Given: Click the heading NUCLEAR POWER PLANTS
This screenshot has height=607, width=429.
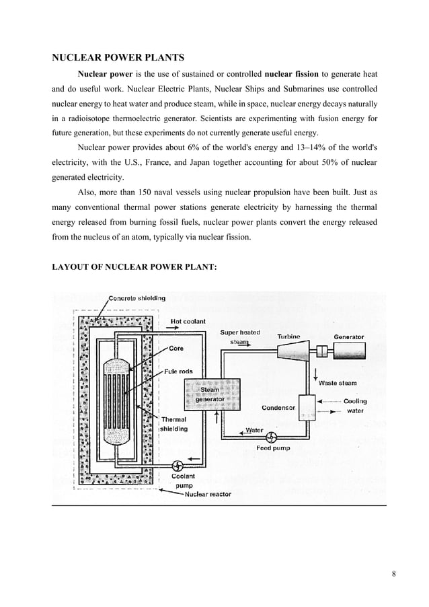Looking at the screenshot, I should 118,58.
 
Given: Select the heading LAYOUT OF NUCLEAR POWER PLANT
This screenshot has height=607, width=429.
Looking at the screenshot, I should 134,268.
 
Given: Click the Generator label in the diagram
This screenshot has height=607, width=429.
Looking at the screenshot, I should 348,336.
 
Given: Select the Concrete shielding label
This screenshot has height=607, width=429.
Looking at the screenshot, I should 137,298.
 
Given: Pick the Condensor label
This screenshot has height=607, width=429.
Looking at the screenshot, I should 278,408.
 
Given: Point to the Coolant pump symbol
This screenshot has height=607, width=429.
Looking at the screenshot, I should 179,465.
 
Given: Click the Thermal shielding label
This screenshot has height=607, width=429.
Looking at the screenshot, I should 174,424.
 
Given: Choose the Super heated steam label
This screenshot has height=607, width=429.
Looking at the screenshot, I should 240,337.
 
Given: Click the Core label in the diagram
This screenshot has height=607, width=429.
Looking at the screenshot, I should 176,349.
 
